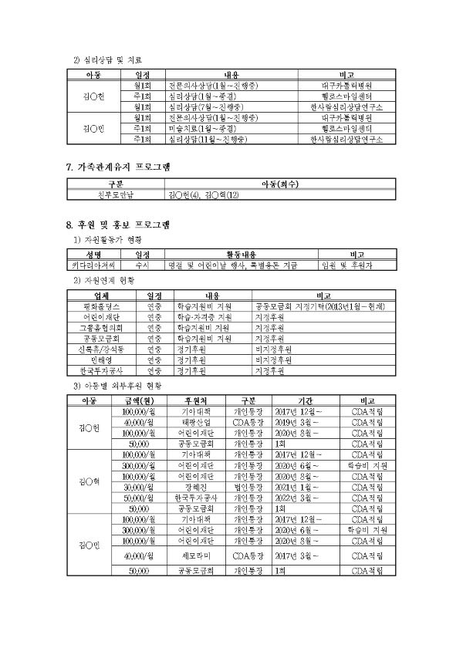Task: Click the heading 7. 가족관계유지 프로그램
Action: coord(118,167)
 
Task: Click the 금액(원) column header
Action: coord(140,400)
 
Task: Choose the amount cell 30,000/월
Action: coord(140,487)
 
